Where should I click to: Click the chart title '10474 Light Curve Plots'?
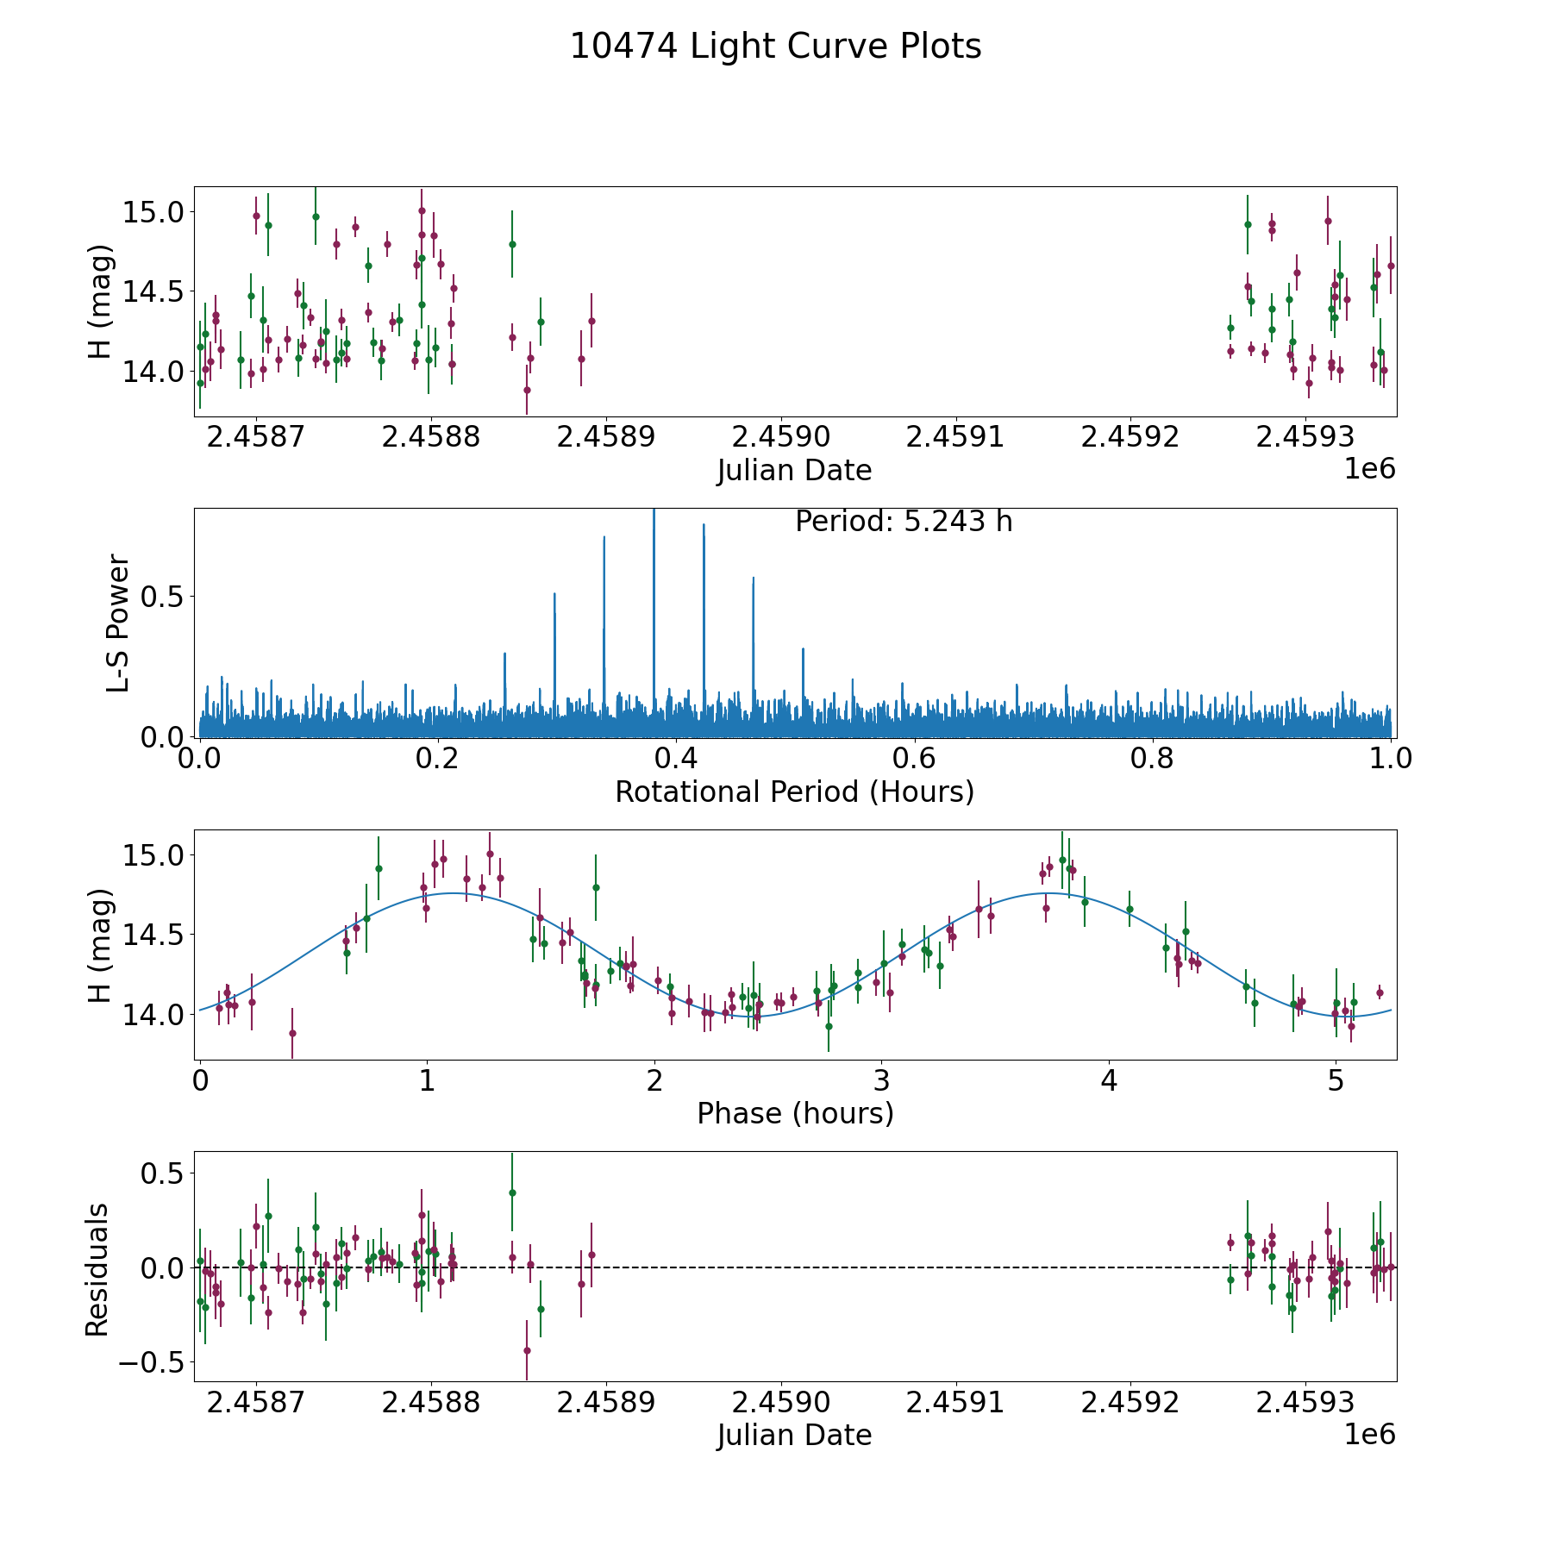coord(775,47)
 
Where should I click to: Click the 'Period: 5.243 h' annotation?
coord(903,522)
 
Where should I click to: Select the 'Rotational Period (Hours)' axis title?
coord(794,792)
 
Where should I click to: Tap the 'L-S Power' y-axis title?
coord(118,623)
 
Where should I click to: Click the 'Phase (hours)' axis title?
coord(794,1113)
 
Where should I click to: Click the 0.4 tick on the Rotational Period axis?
coord(676,759)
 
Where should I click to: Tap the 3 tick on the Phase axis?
coord(881,1080)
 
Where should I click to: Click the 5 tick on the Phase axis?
coord(1336,1080)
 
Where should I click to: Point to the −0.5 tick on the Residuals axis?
coord(151,1362)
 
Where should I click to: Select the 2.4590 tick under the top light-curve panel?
coord(782,437)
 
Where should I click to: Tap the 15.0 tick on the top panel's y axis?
coord(153,212)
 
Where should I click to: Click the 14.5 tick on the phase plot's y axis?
coord(153,935)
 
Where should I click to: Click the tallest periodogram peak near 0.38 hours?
coord(654,512)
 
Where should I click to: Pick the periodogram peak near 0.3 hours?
coord(554,595)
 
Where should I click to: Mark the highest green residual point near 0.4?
coord(512,1192)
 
